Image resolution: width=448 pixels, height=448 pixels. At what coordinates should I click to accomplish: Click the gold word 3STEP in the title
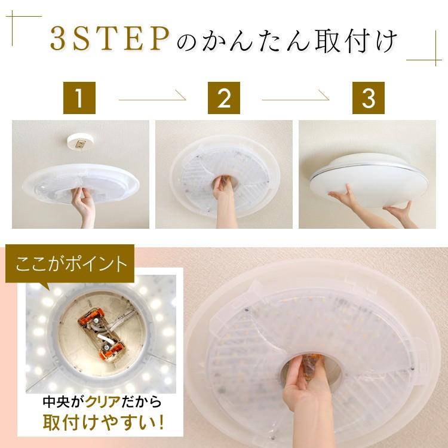110,39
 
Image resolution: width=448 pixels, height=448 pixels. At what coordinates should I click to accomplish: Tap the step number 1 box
79,98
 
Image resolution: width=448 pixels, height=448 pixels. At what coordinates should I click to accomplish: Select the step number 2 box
224,98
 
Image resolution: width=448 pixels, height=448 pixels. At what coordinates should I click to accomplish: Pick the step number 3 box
369,98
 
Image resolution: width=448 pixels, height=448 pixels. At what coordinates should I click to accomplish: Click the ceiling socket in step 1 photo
80,142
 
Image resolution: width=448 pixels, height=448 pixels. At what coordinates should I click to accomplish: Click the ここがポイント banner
70,263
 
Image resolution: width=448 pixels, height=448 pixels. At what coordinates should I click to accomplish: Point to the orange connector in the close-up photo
102,333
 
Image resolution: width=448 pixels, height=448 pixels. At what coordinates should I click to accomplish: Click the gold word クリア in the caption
103,402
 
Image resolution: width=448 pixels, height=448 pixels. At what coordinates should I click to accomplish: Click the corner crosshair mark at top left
13,16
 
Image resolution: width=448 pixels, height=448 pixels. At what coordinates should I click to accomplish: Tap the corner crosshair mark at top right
435,60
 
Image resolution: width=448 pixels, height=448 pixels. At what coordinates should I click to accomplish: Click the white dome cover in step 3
369,179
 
